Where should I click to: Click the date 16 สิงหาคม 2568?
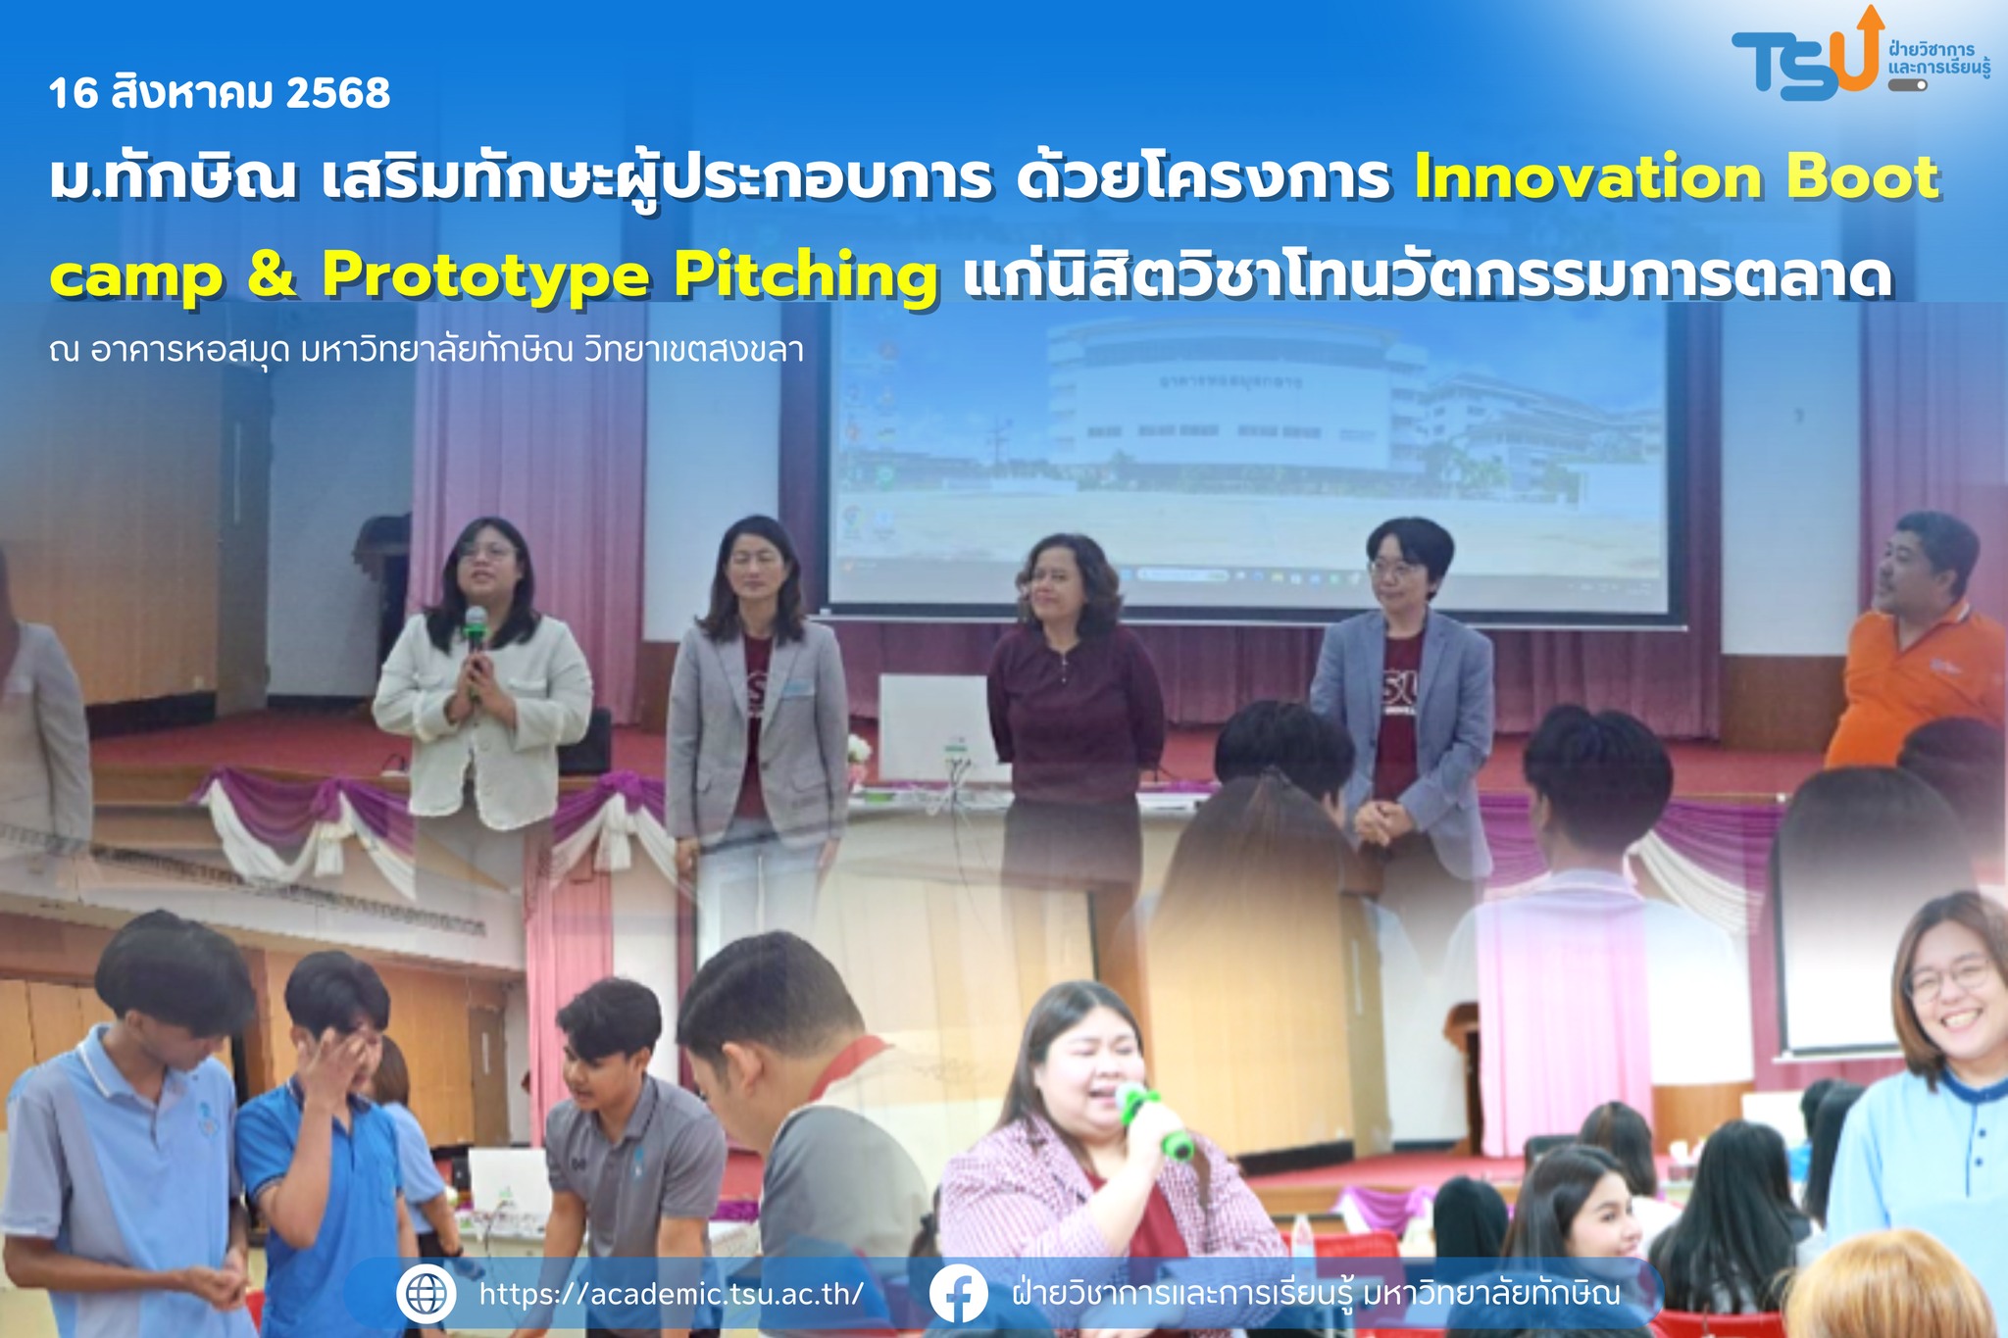(x=220, y=94)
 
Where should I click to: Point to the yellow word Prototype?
(x=485, y=277)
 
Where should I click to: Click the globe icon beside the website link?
(x=427, y=1294)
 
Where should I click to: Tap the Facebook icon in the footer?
(x=958, y=1294)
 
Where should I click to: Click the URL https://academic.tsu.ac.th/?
(x=672, y=1294)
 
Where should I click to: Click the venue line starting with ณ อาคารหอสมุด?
(x=427, y=350)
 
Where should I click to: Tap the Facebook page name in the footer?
(x=1316, y=1294)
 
